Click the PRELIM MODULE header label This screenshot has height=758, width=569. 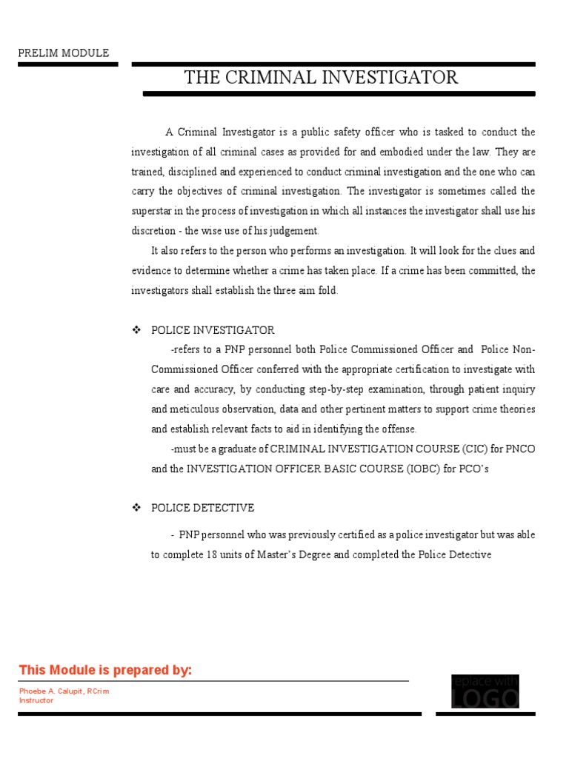point(64,53)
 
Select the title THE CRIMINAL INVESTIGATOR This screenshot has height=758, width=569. point(321,77)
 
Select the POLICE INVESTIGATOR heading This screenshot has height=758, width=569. point(213,330)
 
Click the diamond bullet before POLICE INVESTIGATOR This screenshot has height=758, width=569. point(136,330)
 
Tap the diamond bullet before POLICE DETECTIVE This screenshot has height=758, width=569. point(136,508)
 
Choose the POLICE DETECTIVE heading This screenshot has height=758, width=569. point(202,508)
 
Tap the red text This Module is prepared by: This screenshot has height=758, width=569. point(105,671)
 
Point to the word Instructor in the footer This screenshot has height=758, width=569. point(36,700)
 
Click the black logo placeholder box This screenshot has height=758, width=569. point(485,692)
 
